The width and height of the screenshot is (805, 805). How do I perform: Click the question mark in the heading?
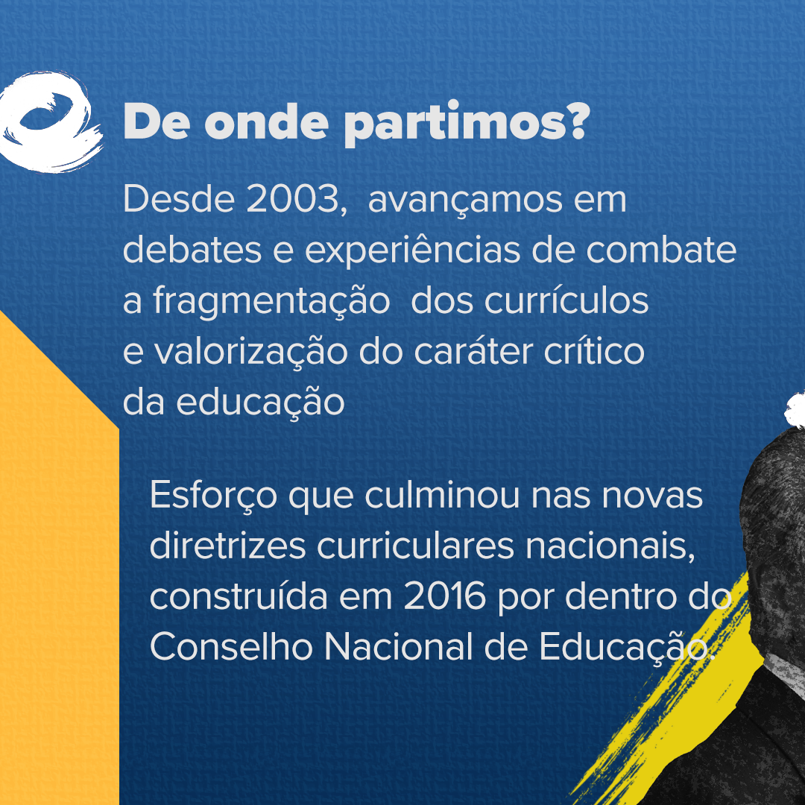coord(578,121)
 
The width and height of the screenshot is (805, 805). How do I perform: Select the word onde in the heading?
coord(266,121)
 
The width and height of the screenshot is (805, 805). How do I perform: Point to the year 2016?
coord(444,596)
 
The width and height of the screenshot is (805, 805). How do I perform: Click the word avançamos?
coord(465,201)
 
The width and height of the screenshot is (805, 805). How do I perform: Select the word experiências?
coord(413,252)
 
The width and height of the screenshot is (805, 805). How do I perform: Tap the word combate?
coord(661,250)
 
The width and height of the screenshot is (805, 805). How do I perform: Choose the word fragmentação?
coord(271,303)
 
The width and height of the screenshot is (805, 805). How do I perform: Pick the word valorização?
coord(251,352)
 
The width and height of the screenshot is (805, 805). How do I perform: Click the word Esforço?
coord(213,496)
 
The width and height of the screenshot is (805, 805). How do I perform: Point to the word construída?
coord(239,596)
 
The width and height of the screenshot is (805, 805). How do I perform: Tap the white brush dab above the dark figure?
coord(795,410)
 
